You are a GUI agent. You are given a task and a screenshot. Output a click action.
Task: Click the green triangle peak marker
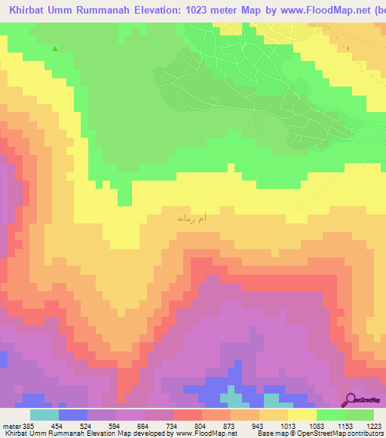click(55, 50)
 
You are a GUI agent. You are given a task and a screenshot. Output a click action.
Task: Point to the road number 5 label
click(349, 48)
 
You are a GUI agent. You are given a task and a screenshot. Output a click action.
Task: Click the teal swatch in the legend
click(44, 414)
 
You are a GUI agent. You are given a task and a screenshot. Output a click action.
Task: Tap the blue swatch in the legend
click(73, 414)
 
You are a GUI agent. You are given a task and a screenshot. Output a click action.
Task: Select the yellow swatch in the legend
click(302, 414)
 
